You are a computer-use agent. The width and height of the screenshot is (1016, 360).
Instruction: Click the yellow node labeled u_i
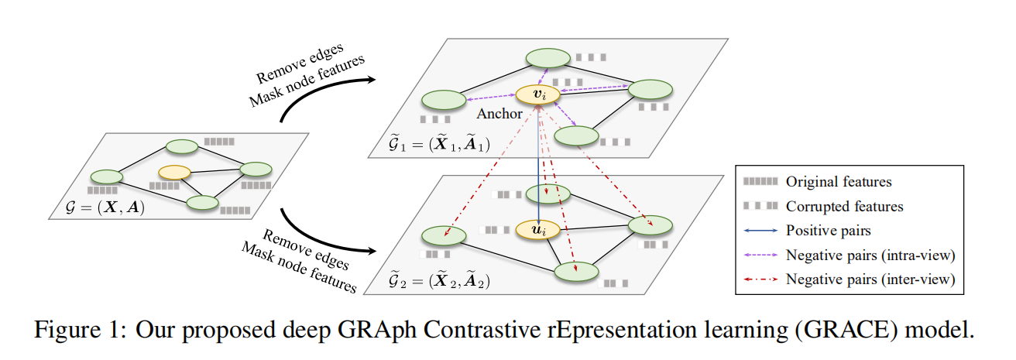click(537, 230)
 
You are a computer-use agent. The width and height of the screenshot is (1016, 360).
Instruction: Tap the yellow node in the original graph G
click(174, 172)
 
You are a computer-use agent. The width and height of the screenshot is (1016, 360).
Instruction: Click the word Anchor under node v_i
click(499, 115)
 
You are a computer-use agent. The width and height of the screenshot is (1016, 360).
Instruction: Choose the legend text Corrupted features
click(844, 207)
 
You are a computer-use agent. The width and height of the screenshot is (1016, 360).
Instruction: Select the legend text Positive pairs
click(829, 231)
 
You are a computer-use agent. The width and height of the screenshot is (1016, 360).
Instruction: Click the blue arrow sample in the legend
click(760, 231)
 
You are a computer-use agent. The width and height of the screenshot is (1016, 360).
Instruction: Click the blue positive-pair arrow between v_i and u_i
click(537, 163)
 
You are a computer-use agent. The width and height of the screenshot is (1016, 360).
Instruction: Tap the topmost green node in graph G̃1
click(548, 59)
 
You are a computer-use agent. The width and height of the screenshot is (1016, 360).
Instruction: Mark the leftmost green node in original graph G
click(106, 177)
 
